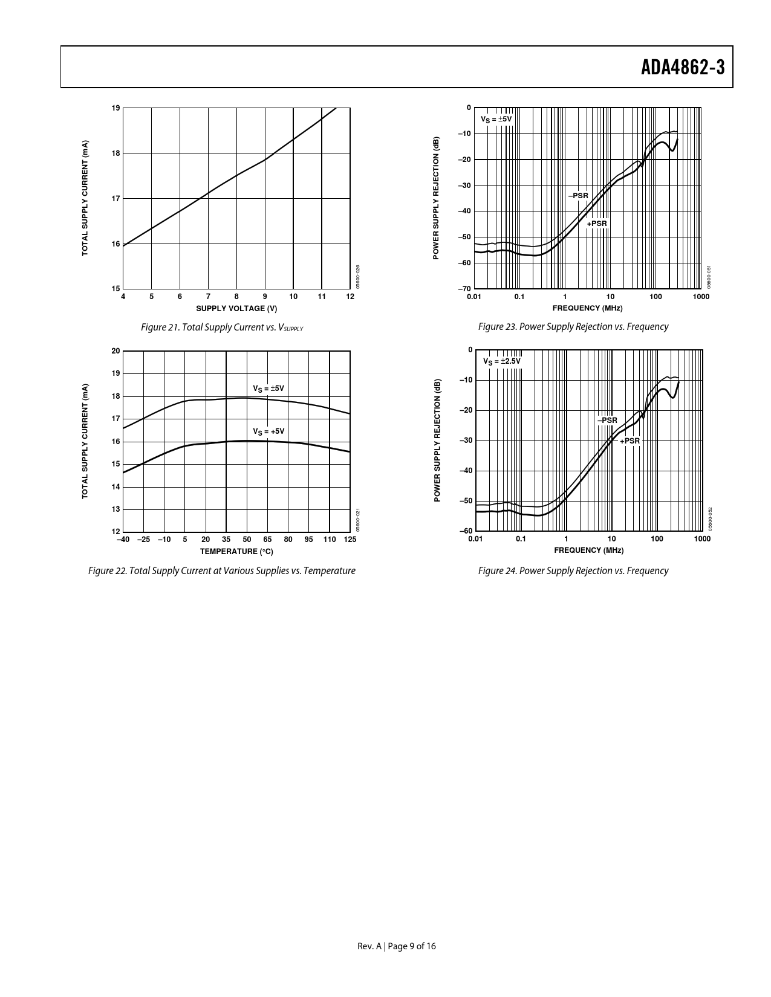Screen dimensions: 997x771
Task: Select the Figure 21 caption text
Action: [x=221, y=327]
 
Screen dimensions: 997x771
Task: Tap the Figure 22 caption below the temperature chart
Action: [x=221, y=571]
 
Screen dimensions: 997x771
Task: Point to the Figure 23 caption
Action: [x=573, y=327]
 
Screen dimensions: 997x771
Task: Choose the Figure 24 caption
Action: [x=573, y=571]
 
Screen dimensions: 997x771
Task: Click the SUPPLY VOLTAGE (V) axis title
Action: [x=236, y=309]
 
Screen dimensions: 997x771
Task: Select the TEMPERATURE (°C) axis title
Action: [x=236, y=551]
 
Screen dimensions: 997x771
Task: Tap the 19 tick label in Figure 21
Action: [x=115, y=108]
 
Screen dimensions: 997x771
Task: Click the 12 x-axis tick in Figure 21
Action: [x=350, y=297]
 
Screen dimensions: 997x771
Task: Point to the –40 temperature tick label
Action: [x=123, y=539]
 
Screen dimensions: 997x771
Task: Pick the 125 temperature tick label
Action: [x=350, y=539]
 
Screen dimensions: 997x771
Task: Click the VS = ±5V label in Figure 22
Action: [x=268, y=388]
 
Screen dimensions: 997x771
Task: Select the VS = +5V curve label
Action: [x=268, y=431]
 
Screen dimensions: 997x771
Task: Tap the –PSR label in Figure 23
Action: [x=577, y=196]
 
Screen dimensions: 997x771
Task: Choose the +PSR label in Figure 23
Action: [x=596, y=224]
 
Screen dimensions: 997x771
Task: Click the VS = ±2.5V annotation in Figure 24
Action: [x=501, y=361]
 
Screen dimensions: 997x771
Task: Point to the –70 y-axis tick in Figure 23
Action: [x=464, y=289]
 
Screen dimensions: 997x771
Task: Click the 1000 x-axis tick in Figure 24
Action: [x=702, y=538]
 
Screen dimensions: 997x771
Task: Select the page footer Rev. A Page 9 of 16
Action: [x=397, y=946]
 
